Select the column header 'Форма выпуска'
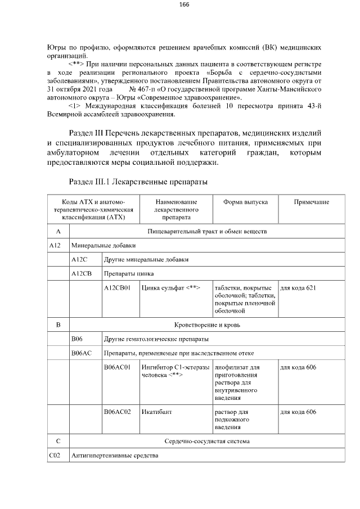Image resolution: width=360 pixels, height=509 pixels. click(x=245, y=202)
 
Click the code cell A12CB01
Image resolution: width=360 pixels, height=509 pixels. click(x=117, y=288)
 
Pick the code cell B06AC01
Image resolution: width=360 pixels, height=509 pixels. click(x=117, y=367)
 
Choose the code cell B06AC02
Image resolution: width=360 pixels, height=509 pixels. click(x=117, y=412)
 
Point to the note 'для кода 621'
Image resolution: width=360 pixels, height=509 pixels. click(x=298, y=288)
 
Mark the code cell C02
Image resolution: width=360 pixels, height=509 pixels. click(x=55, y=455)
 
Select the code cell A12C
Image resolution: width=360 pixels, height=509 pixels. click(x=78, y=259)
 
